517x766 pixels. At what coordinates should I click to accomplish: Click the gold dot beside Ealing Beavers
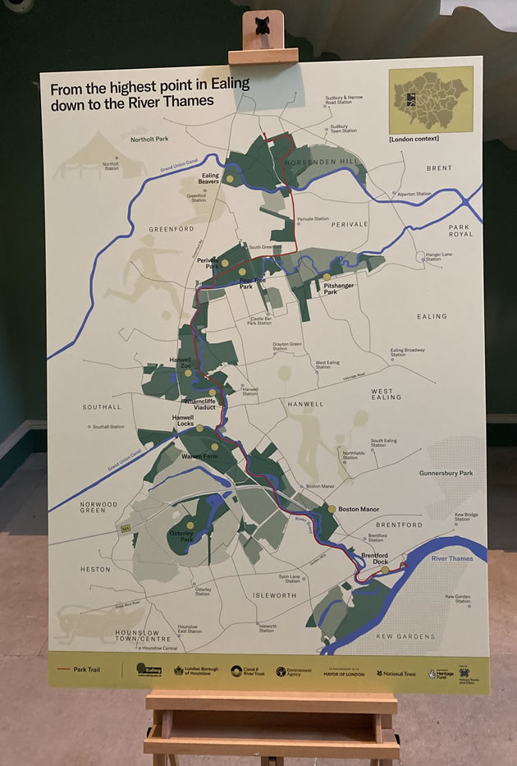pos(231,178)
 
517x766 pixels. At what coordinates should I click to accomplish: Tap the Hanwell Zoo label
pos(180,362)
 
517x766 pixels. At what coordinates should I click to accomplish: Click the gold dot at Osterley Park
pos(190,524)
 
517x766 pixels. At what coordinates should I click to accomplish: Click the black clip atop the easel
pos(263,21)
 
